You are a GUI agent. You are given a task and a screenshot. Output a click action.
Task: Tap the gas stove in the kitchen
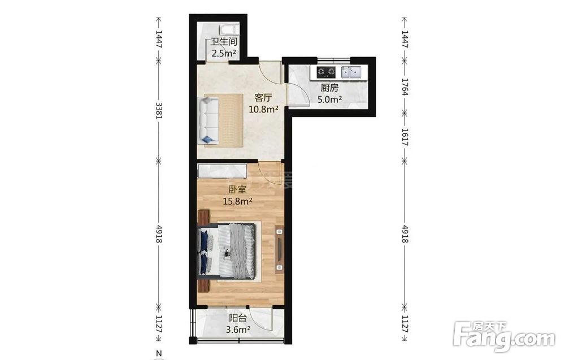tap(326, 72)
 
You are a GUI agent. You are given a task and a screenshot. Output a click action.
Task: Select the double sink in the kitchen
tap(351, 72)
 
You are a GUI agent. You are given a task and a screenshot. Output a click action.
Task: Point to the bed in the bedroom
tap(227, 251)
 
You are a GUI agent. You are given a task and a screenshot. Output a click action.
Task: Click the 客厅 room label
tap(263, 98)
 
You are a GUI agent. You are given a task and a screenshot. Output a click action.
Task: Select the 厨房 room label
tap(329, 88)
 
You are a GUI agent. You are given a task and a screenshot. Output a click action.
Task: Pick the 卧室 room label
tap(237, 190)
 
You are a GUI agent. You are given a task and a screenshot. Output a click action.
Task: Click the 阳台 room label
tap(238, 318)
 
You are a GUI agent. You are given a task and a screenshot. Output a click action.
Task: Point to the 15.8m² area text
tap(237, 201)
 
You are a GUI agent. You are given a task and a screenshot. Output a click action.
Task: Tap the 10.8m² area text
tap(263, 109)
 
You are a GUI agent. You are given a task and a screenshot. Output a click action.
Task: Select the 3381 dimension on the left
tap(158, 111)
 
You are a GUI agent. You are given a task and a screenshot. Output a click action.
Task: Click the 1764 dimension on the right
tap(405, 87)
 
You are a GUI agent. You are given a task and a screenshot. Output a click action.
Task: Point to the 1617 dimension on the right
tap(405, 137)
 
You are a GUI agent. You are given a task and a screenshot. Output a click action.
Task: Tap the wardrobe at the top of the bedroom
tap(222, 171)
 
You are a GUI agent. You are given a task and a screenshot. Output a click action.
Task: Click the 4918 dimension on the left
tap(158, 233)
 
